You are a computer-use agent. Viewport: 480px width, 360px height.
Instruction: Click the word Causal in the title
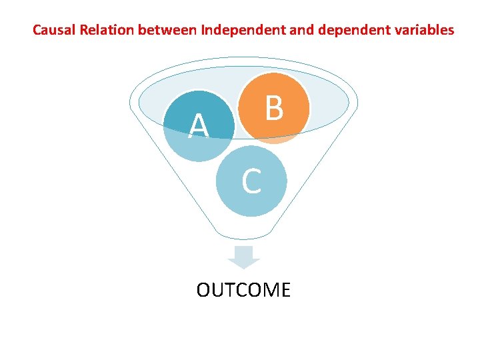tap(51, 30)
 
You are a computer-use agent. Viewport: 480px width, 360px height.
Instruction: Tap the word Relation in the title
tap(103, 30)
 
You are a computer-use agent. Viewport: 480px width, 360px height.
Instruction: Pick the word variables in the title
tap(422, 30)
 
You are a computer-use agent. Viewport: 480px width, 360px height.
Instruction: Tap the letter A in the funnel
tap(198, 127)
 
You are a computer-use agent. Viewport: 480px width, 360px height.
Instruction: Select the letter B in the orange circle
tap(274, 108)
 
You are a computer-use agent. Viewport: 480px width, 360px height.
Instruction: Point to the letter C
tap(251, 181)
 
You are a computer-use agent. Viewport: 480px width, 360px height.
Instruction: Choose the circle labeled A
tap(199, 125)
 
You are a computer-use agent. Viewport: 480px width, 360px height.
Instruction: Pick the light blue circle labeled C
tap(251, 181)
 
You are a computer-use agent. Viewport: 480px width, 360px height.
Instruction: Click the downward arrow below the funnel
tap(244, 257)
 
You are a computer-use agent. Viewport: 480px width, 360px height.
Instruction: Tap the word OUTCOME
tap(243, 290)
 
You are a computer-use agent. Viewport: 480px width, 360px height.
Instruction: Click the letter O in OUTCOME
tap(203, 290)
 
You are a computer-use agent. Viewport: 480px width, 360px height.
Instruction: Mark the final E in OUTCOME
tap(285, 290)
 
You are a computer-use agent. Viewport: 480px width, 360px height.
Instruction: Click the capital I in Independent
tap(203, 30)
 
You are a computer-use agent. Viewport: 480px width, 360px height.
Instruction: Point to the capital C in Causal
tap(37, 30)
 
